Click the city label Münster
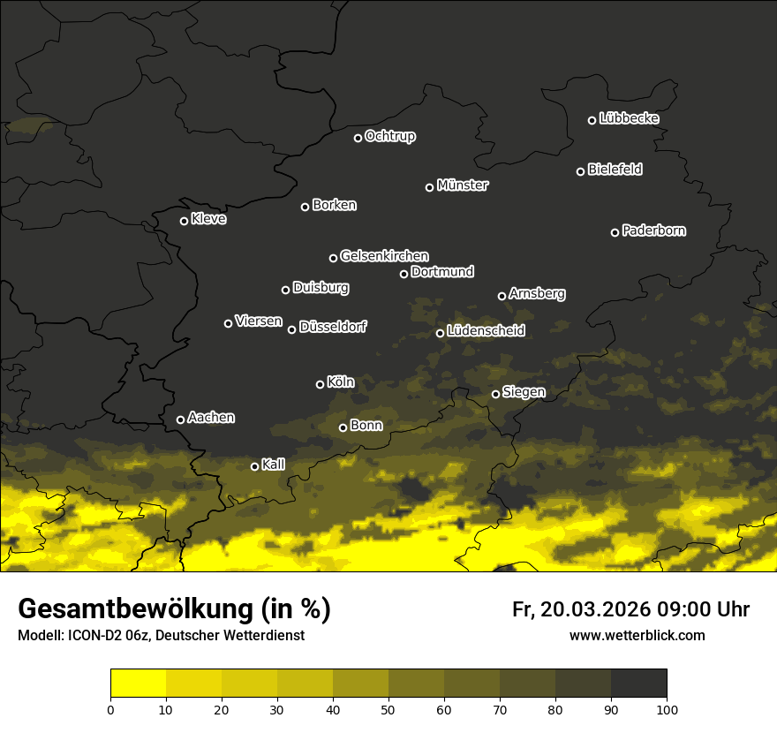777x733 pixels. coord(463,185)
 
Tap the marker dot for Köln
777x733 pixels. coord(321,384)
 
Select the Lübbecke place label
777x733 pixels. coord(629,118)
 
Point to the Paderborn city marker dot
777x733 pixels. coord(615,232)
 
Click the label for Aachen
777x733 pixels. coord(211,418)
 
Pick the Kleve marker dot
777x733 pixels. coord(185,221)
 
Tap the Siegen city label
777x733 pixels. coord(524,392)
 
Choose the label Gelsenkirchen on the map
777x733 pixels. coord(384,256)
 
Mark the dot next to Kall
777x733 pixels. coord(255,466)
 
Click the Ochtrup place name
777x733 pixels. coord(390,136)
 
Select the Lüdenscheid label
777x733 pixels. coord(486,331)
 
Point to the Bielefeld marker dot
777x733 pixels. coord(581,171)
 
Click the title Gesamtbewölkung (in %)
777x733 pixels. coord(174,608)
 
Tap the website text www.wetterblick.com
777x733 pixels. coord(637,635)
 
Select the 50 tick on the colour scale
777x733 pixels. coord(388,708)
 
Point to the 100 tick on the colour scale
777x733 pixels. coord(667,708)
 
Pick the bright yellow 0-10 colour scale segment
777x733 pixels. coord(139,683)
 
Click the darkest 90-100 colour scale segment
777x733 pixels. coord(638,683)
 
